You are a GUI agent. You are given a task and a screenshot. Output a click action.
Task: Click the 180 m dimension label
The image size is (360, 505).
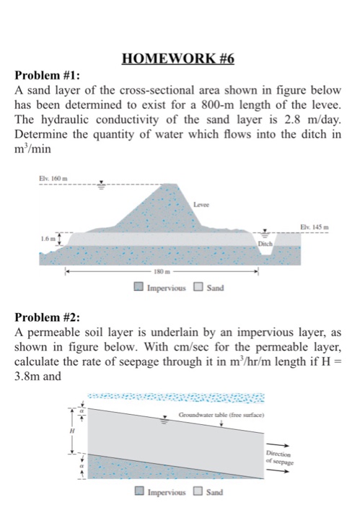[164, 273]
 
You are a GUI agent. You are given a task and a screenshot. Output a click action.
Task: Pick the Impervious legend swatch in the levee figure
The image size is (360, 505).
[139, 289]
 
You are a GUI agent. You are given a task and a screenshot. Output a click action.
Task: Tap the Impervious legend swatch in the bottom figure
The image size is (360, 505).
[140, 494]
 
